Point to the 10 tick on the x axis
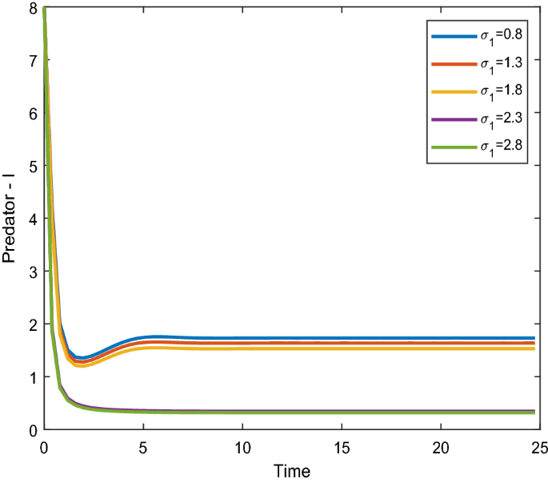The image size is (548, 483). [x=242, y=446]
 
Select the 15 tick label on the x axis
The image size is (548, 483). [x=342, y=446]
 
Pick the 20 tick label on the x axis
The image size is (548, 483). [x=441, y=446]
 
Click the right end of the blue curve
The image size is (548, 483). [x=534, y=338]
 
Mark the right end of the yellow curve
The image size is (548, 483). [x=534, y=348]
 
